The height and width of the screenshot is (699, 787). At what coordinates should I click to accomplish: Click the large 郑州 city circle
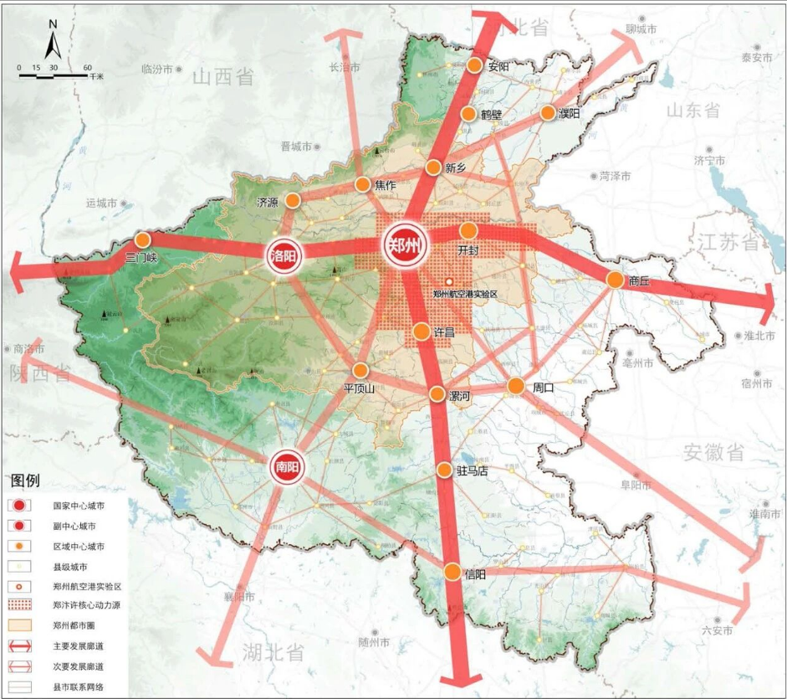point(405,246)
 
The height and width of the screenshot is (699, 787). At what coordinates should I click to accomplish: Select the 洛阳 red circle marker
point(284,256)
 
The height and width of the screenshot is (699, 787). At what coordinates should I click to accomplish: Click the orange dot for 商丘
point(615,280)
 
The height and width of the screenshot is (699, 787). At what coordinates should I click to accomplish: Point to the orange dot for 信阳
point(452,572)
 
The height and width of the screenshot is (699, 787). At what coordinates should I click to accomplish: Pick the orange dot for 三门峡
point(143,240)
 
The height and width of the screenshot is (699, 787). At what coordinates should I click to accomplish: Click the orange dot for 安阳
point(475,65)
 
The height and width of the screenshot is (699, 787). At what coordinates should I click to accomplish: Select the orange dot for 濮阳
point(549,112)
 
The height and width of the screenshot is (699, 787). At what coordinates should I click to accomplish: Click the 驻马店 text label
point(472,470)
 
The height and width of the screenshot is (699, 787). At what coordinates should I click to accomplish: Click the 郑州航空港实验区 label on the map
point(465,294)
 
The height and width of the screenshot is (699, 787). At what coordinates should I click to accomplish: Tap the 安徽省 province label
point(713,453)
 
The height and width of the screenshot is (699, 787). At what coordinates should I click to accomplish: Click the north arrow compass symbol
point(52,40)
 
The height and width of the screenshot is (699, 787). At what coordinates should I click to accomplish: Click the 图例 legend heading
point(25,481)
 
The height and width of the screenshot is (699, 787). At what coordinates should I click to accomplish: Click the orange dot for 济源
point(293,200)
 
